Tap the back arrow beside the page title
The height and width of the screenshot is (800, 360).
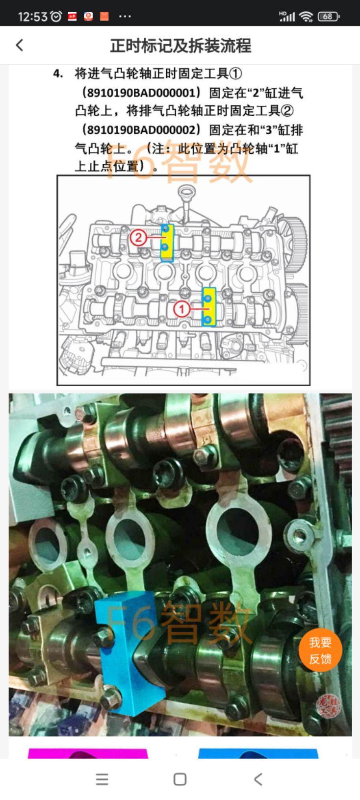20,46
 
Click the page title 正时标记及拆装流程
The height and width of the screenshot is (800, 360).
180,46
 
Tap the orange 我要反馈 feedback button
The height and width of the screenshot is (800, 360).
320,650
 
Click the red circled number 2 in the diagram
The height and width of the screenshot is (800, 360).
138,237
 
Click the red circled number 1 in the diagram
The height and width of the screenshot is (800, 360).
181,309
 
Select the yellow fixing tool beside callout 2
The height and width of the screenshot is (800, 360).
167,243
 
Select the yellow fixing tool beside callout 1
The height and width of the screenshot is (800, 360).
209,307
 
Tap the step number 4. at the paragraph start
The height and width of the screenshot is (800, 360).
58,74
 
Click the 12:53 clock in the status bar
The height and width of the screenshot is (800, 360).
32,17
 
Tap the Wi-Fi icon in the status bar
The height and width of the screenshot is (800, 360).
307,17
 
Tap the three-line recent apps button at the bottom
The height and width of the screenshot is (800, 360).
102,779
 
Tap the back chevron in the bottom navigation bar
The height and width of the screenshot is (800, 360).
258,779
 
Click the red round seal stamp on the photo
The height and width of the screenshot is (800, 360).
329,705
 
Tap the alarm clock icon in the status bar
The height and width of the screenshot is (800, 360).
56,16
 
